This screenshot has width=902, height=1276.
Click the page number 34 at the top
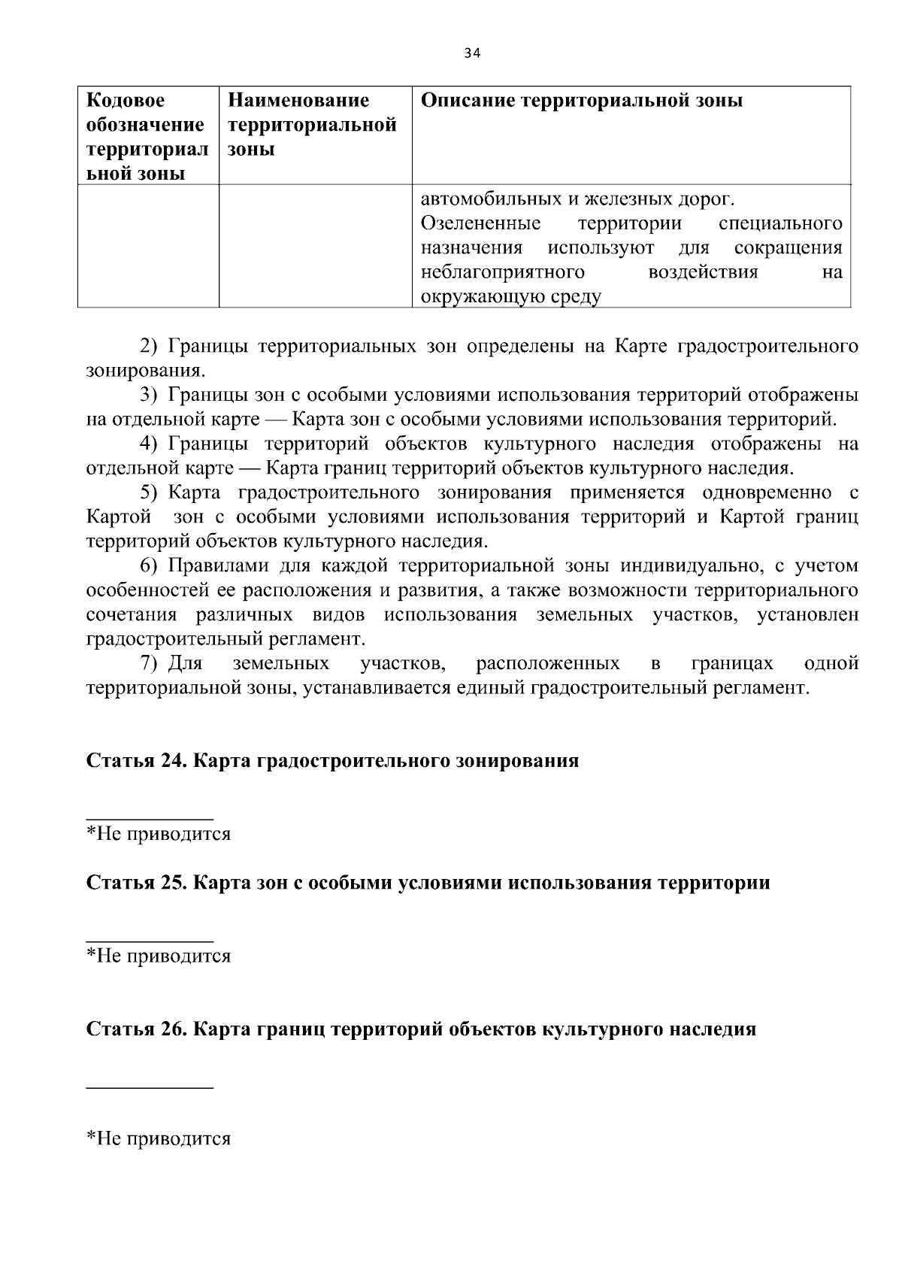(x=472, y=53)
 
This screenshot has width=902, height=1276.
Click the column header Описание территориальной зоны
(x=581, y=101)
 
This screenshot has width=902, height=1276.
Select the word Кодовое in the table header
(x=126, y=101)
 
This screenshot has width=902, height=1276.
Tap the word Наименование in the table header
(x=298, y=101)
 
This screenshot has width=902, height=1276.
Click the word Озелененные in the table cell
(x=480, y=224)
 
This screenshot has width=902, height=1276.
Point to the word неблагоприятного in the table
(x=502, y=272)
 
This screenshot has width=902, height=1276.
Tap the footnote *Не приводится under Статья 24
(x=159, y=834)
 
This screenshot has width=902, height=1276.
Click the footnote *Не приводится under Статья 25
(x=159, y=956)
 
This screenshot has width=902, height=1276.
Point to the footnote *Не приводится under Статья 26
(x=159, y=1139)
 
